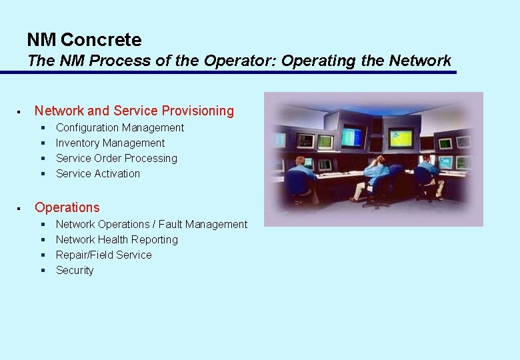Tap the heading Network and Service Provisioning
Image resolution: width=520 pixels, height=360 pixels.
(134, 111)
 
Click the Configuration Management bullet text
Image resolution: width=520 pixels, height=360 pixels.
(120, 127)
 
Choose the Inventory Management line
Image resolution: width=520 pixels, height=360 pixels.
(110, 143)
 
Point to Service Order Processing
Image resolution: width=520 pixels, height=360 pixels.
(117, 158)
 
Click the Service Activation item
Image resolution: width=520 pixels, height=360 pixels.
(98, 173)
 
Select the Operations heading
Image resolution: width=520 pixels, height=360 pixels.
(67, 207)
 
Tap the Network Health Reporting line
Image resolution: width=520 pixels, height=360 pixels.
(117, 239)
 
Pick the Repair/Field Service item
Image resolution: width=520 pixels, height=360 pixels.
(103, 255)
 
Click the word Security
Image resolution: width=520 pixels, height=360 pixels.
(75, 270)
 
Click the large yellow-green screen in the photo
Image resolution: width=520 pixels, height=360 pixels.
(401, 137)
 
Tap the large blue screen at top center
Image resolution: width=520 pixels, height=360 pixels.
(352, 136)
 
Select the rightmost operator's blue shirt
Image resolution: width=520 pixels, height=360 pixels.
(430, 170)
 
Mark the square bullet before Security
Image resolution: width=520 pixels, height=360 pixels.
(42, 271)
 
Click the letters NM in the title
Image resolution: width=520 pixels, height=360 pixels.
(42, 40)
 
